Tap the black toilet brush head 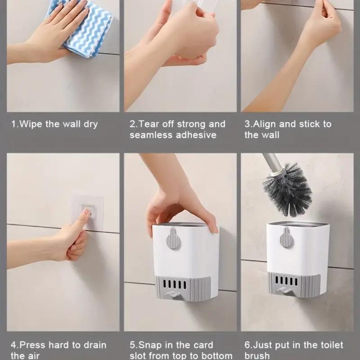coord(288,189)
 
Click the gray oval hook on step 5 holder coord(173,238)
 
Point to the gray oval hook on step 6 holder coord(287,238)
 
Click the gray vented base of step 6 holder coord(295,286)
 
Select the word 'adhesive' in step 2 coord(195,135)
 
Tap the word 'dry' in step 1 coord(90,124)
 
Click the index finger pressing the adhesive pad coord(83,218)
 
